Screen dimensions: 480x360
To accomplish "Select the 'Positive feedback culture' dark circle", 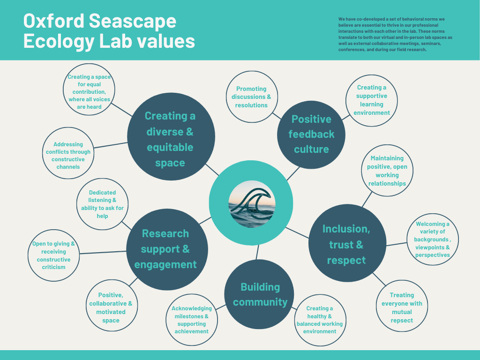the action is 311,134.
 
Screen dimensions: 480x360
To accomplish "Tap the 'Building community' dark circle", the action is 260,294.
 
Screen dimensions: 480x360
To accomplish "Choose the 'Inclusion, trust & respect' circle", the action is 346,244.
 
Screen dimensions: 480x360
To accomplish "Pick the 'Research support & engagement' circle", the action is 165,248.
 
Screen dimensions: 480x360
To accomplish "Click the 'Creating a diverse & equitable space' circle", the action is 170,139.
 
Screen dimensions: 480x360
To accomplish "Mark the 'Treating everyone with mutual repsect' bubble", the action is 402,307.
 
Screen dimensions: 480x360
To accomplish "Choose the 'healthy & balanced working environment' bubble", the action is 319,320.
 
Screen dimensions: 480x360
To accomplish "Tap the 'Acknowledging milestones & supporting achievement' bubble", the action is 191,320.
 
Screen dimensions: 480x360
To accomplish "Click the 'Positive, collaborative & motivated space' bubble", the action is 111,307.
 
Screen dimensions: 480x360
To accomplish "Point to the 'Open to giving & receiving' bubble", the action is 53,255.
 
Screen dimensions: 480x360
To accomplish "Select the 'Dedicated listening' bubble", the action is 102,204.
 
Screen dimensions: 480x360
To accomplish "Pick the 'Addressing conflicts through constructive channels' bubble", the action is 68,155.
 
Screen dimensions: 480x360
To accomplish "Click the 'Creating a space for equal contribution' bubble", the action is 89,92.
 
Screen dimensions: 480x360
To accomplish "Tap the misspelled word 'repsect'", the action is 402,321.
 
